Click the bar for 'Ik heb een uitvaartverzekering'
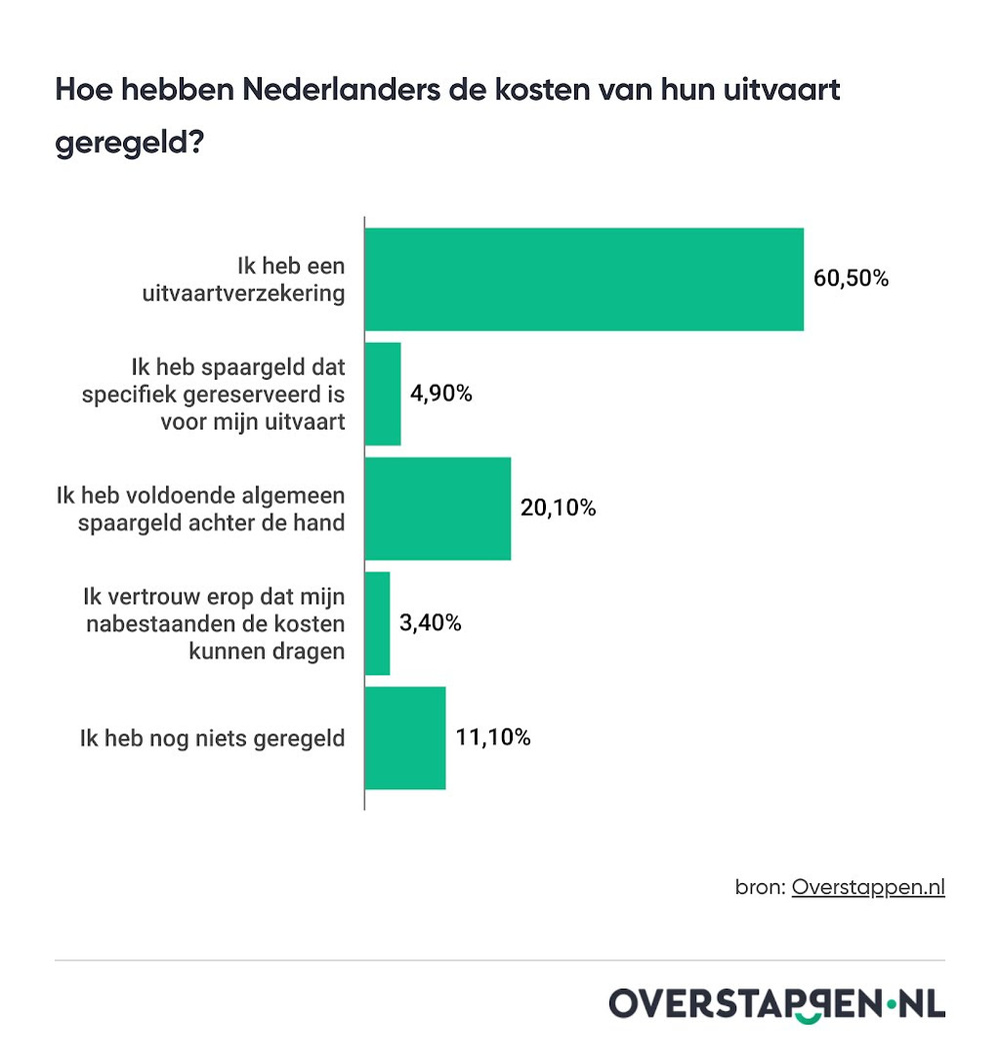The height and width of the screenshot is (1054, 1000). click(x=584, y=279)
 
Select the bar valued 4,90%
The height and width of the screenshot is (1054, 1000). click(x=383, y=394)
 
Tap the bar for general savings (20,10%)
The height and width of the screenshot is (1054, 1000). click(x=438, y=509)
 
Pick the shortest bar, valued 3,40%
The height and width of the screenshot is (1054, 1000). click(x=378, y=623)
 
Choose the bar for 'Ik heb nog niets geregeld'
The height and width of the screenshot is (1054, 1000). click(x=405, y=738)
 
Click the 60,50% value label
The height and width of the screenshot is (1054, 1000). click(x=850, y=279)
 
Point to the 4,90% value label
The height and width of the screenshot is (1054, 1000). click(x=441, y=394)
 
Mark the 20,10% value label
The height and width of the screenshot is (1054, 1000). click(x=558, y=509)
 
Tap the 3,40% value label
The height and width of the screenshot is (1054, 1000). click(x=430, y=623)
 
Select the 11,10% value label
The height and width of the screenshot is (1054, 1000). click(x=493, y=738)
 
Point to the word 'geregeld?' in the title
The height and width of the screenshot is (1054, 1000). click(x=130, y=142)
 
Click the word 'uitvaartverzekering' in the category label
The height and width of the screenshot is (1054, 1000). click(x=257, y=293)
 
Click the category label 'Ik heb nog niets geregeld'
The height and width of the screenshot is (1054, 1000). click(x=212, y=738)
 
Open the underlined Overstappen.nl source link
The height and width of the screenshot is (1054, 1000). click(x=868, y=887)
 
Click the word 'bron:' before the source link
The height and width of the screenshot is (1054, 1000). click(x=760, y=887)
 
